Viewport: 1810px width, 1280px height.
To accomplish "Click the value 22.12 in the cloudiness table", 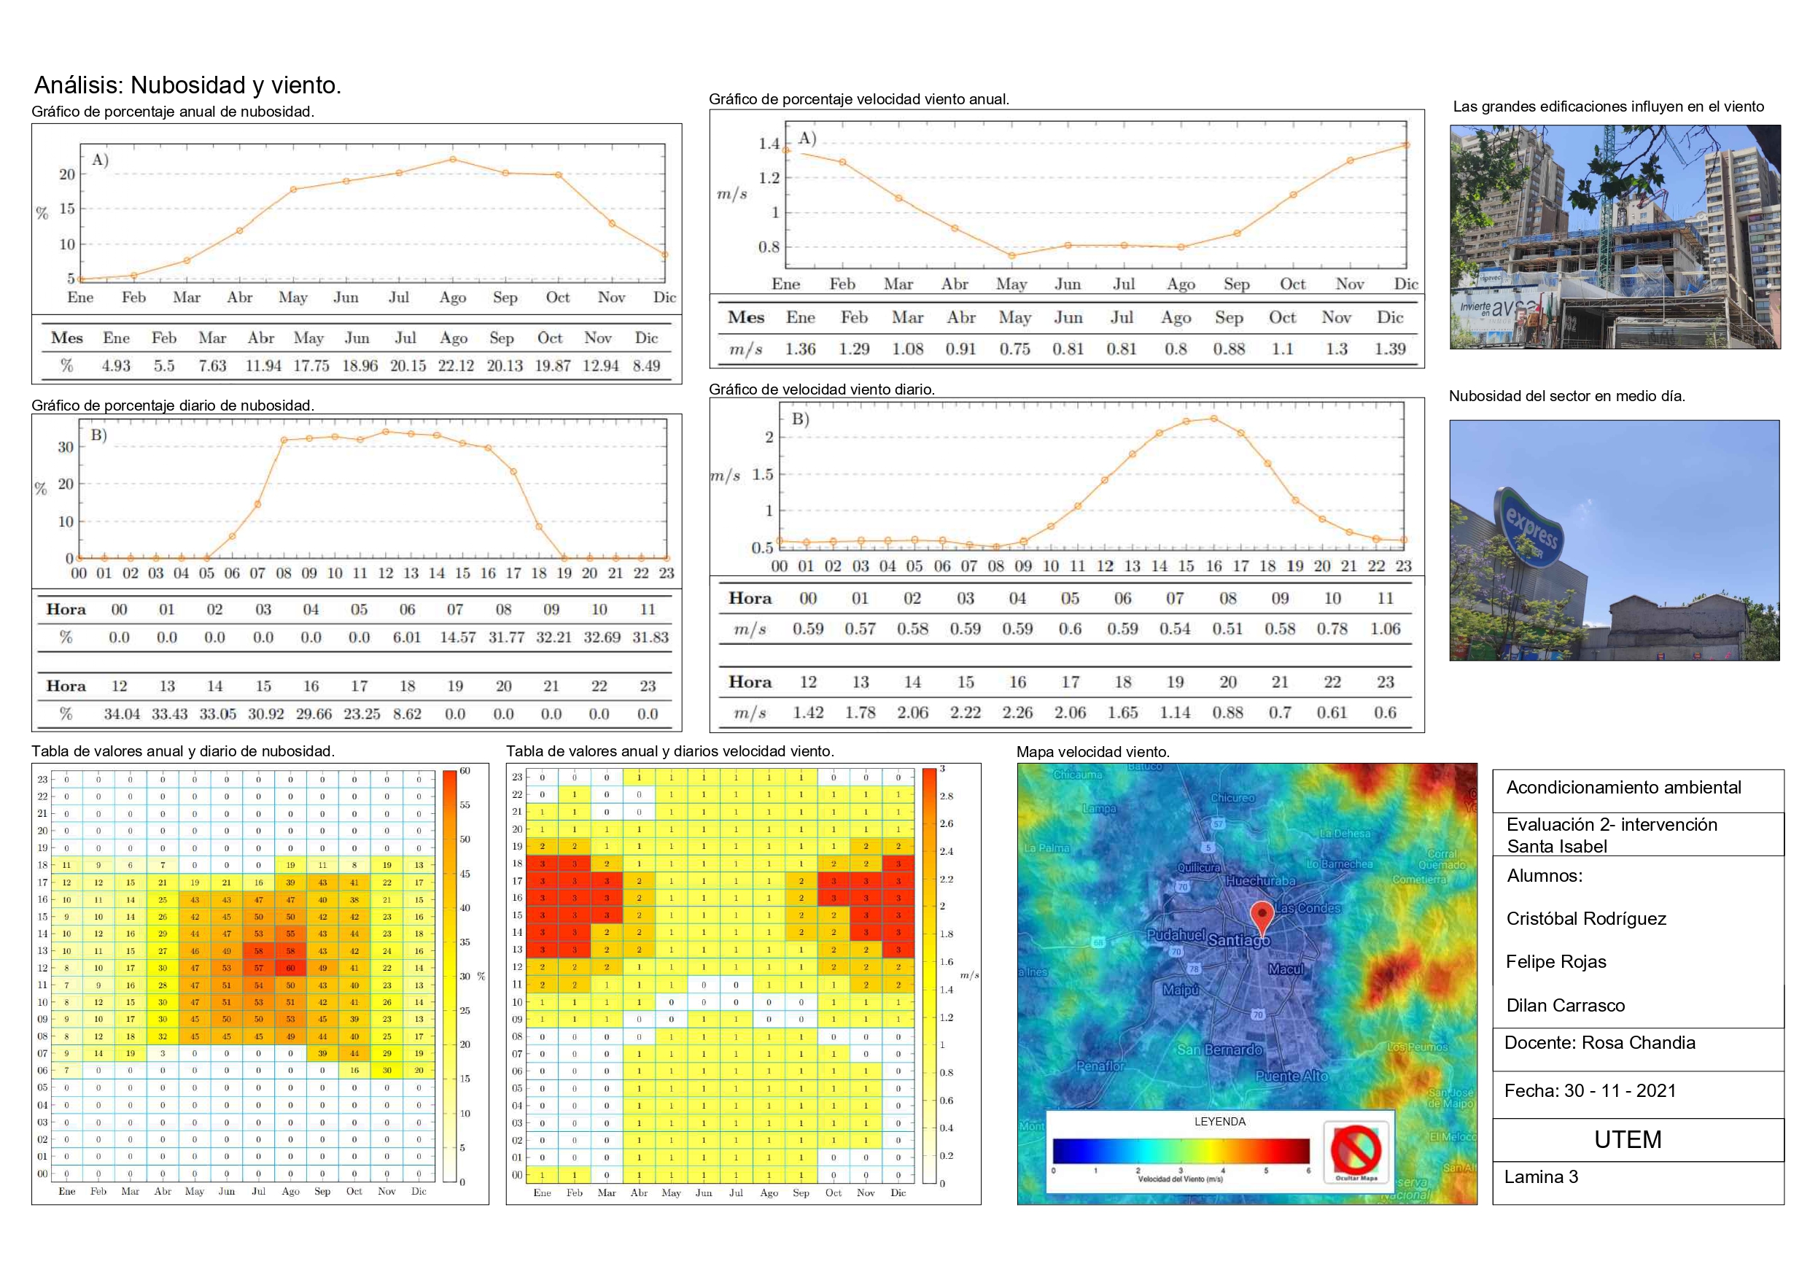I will tap(456, 366).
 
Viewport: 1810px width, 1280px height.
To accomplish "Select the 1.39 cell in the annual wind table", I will tap(1390, 349).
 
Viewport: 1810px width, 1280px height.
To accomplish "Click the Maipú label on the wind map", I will tap(1180, 989).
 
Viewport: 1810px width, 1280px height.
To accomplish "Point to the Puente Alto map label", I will tap(1292, 1076).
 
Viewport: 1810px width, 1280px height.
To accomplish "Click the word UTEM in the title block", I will tap(1627, 1140).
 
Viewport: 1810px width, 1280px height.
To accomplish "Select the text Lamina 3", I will tap(1540, 1176).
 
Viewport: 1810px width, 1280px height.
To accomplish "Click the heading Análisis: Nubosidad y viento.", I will tap(187, 85).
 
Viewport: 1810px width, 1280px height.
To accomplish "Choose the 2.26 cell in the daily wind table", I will tap(1017, 712).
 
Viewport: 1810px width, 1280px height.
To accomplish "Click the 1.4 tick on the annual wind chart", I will tap(769, 144).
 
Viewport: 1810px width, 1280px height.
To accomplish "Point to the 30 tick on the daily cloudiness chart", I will tap(66, 447).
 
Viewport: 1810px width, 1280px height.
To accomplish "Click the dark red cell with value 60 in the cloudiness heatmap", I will tap(290, 968).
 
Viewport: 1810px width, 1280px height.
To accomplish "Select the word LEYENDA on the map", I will tap(1219, 1122).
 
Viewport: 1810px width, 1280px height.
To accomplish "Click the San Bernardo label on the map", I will tap(1219, 1050).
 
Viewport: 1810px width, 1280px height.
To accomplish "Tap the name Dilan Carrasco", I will tap(1565, 1006).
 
